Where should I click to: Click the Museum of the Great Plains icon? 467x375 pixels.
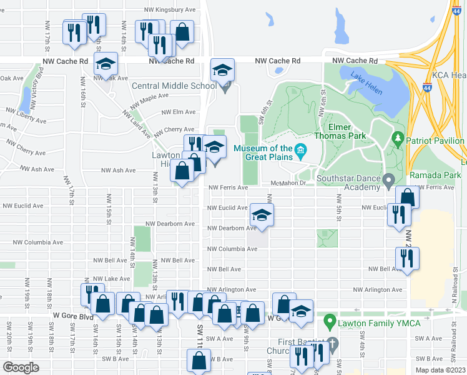click(x=300, y=149)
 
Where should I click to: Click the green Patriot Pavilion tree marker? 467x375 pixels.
click(x=396, y=137)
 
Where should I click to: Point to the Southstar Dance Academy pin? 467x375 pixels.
click(x=388, y=181)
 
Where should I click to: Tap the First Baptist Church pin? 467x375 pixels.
click(x=333, y=343)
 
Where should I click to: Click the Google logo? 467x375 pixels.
click(x=21, y=367)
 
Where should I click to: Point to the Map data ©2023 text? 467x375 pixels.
click(x=440, y=370)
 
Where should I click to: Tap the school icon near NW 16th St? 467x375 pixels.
click(x=106, y=63)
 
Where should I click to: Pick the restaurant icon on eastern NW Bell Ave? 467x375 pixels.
click(x=407, y=258)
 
